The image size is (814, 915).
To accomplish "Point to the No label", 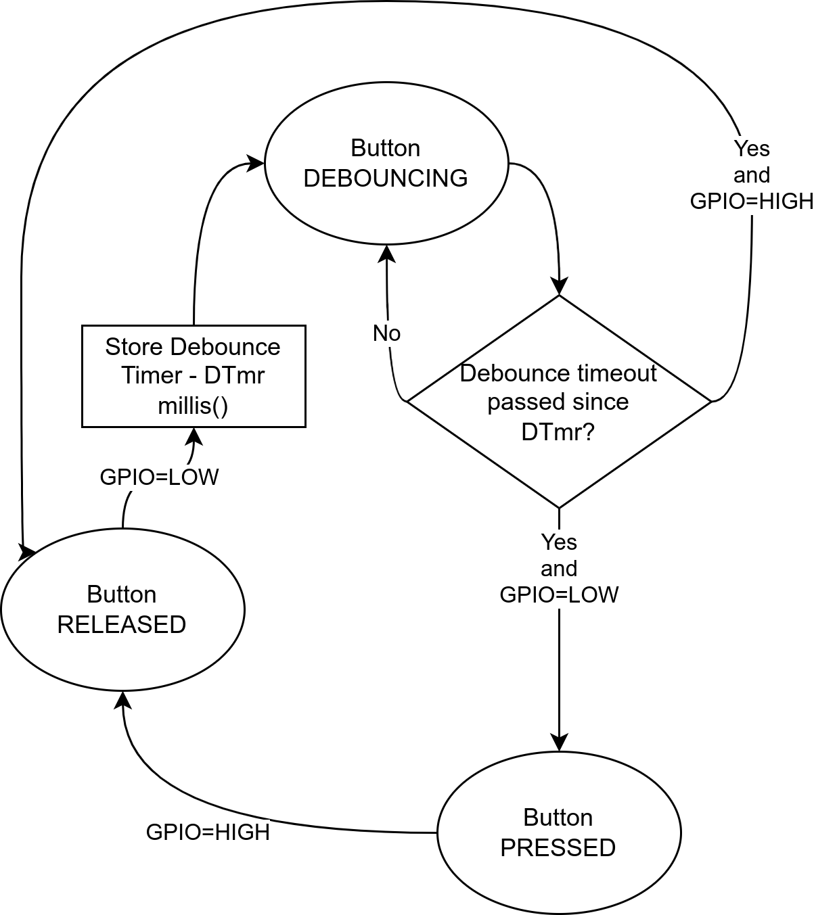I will pos(387,333).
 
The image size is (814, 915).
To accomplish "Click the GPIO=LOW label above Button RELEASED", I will pos(159,477).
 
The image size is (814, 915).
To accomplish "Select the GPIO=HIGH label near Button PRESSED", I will pos(208,832).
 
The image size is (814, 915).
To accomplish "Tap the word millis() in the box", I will pos(194,406).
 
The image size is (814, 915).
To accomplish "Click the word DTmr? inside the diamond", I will pos(558,431).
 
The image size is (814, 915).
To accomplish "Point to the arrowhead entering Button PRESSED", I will pos(559,743).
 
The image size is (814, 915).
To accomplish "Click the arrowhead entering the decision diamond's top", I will pos(559,287).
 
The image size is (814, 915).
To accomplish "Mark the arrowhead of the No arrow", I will pos(386,253).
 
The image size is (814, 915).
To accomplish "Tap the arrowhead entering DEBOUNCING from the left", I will pos(255,162).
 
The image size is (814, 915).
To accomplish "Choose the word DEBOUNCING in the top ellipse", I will pos(386,178).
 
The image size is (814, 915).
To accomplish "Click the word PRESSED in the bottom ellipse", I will pos(558,847).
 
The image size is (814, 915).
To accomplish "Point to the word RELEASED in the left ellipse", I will pos(122,624).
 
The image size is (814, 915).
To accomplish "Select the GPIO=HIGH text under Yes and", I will pos(751,201).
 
